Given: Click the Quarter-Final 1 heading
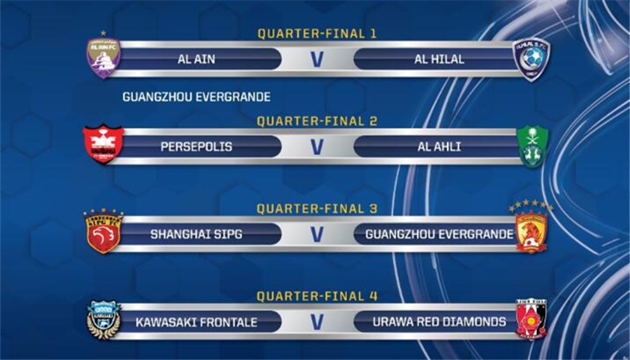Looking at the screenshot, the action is (x=317, y=34).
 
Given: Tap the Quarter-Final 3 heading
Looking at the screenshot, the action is (x=317, y=209).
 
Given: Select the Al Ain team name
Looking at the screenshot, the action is (x=196, y=59).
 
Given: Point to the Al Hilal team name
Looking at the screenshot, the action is (x=439, y=59).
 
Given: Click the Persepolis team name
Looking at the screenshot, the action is (x=196, y=147).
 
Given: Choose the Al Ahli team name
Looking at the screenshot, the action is (x=439, y=147).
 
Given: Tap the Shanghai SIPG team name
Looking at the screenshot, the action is (x=196, y=234).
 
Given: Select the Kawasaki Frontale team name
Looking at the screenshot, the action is (x=196, y=322).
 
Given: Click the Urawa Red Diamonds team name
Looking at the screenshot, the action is (x=439, y=322).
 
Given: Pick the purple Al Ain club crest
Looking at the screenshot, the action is (x=103, y=56).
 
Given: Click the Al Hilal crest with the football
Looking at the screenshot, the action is (x=532, y=59).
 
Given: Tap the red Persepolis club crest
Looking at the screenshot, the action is (x=103, y=144).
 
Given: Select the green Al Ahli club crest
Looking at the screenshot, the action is (x=532, y=146).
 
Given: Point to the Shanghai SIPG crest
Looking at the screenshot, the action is (x=103, y=232).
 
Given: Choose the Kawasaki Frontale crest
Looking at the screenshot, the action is (x=103, y=319).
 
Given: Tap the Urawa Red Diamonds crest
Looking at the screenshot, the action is (x=531, y=319).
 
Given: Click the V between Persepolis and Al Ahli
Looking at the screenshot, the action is (x=317, y=147).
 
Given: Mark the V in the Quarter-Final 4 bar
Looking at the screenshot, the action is (x=317, y=322).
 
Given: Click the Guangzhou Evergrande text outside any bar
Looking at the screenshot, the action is (x=196, y=97).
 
